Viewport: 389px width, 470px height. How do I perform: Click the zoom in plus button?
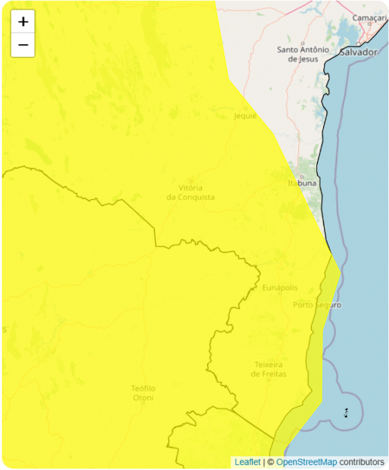tap(23, 21)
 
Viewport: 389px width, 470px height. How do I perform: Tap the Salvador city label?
tap(358, 53)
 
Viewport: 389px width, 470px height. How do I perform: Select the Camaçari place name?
tap(369, 17)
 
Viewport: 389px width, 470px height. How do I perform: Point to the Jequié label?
tap(245, 116)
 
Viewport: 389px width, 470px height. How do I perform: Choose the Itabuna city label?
tap(302, 183)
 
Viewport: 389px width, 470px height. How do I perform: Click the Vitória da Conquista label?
tap(190, 192)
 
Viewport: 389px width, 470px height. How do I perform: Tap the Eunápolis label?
tap(280, 287)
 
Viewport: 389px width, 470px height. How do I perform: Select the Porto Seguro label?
tap(317, 305)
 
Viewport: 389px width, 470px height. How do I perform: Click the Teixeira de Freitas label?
tap(270, 369)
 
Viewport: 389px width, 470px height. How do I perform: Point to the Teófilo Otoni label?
tap(143, 393)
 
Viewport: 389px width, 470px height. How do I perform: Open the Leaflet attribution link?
tap(247, 462)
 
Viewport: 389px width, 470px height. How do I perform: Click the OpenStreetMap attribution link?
tap(307, 462)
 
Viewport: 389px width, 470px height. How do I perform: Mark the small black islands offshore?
tap(345, 413)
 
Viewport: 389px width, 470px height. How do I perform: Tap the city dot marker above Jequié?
tap(245, 108)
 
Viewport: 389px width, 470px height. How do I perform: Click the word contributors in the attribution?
tap(361, 462)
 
